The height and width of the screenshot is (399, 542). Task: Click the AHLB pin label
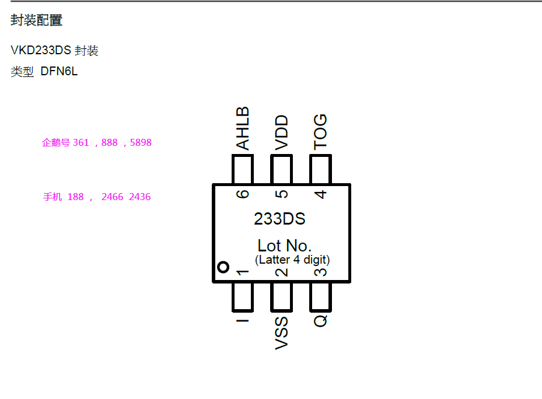pos(243,128)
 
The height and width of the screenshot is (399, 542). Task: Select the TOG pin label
pos(320,132)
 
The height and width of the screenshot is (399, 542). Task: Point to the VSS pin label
pos(282,333)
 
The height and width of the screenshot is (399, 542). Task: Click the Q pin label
pos(320,320)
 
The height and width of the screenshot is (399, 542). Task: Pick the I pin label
pos(243,318)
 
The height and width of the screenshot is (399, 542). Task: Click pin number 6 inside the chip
pos(243,194)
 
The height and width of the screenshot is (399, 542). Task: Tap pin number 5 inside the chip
pos(282,194)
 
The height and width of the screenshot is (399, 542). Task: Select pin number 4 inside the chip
pos(320,194)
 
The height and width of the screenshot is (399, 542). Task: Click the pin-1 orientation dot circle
pos(223,268)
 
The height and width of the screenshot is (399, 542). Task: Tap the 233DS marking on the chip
pos(279,219)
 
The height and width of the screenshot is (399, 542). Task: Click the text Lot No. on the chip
pos(284,246)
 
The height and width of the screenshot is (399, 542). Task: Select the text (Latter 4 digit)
pos(292,260)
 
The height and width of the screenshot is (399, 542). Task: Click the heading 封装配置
pos(36,20)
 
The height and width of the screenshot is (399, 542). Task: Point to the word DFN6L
pos(59,72)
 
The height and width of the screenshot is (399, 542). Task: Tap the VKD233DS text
pos(41,51)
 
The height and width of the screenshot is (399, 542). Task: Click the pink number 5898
pos(141,142)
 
